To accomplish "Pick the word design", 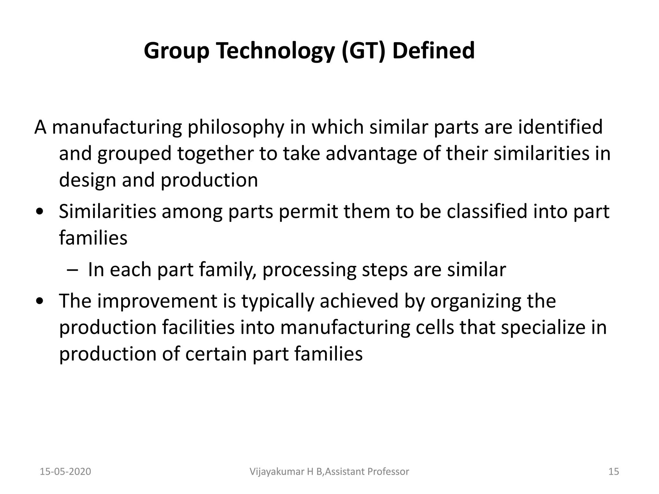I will [x=88, y=180].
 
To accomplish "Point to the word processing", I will [x=309, y=270].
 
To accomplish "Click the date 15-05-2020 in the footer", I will [x=65, y=471].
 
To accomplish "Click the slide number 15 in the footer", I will [x=614, y=471].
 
